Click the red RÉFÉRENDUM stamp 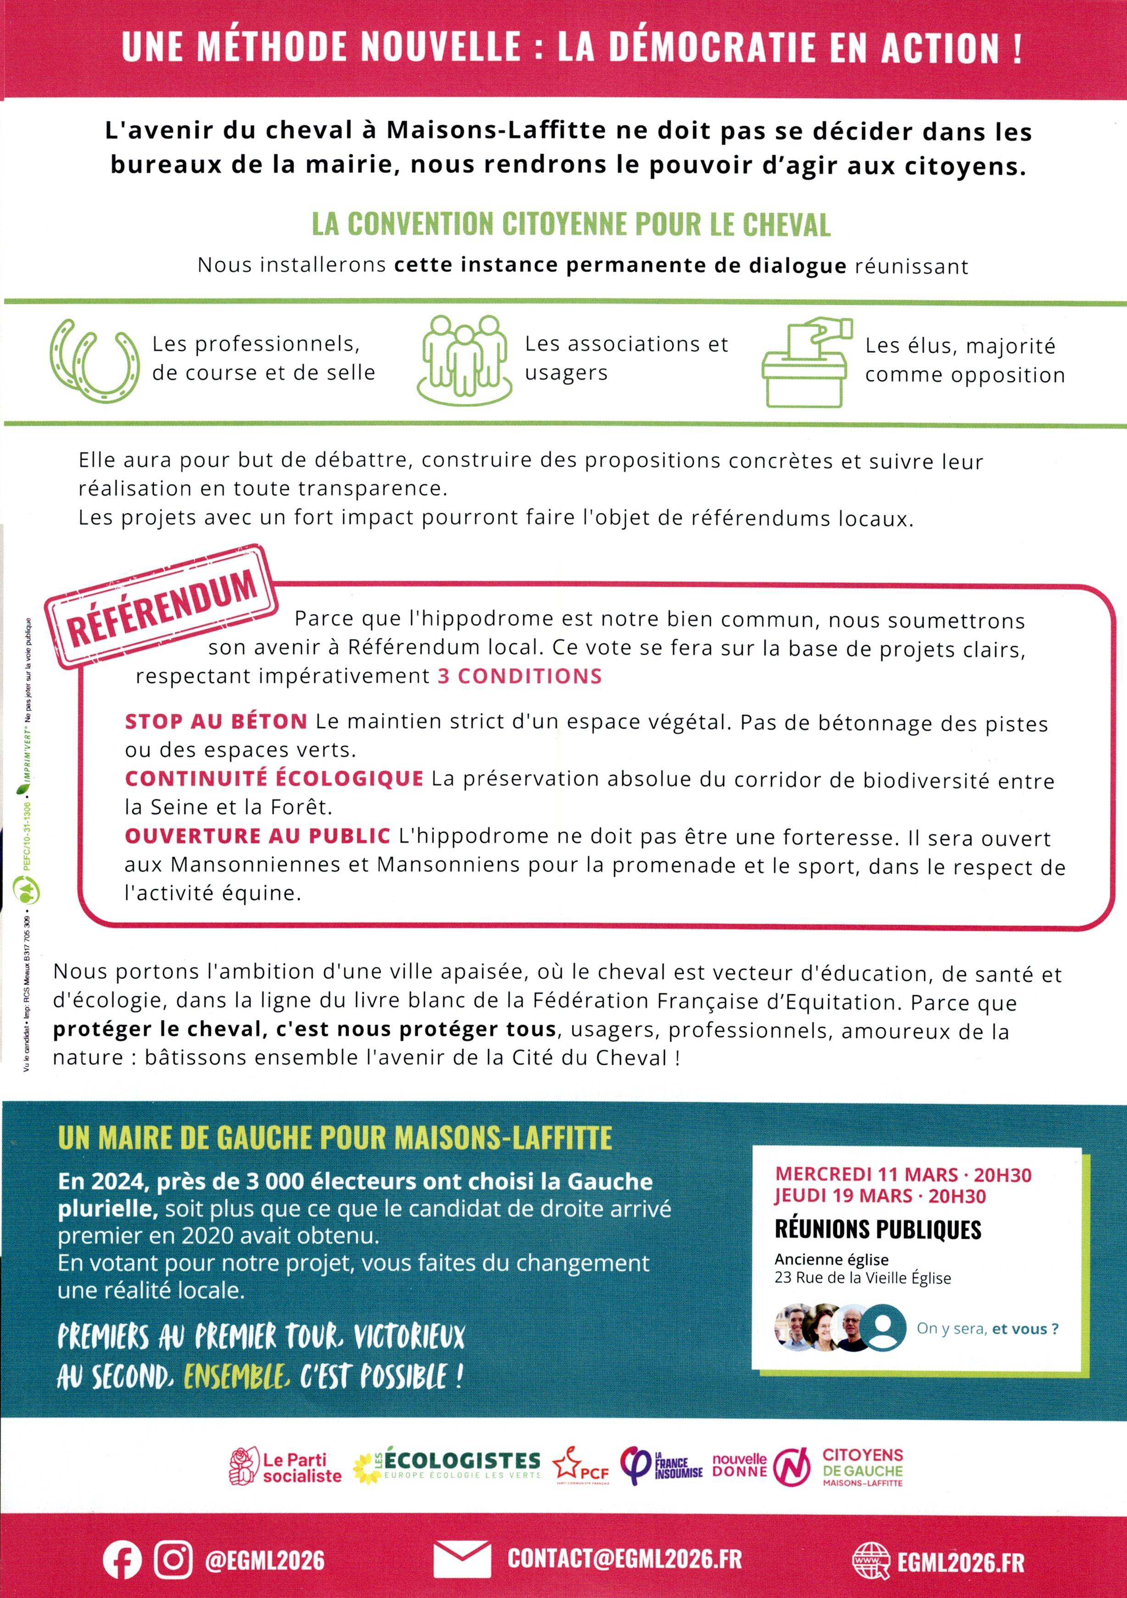pyautogui.click(x=162, y=607)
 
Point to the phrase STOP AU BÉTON pyautogui.click(x=216, y=722)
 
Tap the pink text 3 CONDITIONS pyautogui.click(x=519, y=677)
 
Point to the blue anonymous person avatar pyautogui.click(x=883, y=1327)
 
